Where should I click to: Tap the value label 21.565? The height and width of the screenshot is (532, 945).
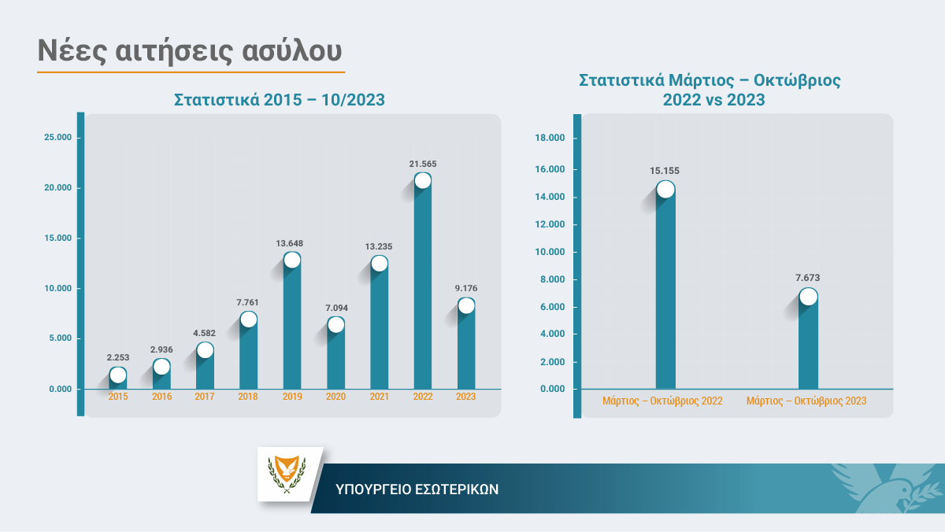(x=423, y=164)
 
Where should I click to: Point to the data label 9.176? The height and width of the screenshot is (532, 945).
(x=466, y=288)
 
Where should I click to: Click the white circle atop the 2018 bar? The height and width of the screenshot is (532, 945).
(x=249, y=320)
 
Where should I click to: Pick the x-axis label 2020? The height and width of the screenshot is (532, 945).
(x=335, y=397)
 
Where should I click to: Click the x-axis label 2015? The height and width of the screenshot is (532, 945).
(x=118, y=397)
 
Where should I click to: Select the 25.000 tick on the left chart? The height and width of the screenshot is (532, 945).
(x=57, y=138)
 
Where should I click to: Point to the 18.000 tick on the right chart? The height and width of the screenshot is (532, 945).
(x=550, y=138)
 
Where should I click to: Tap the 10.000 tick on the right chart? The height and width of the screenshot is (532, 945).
(x=550, y=252)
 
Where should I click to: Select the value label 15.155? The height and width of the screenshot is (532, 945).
(x=665, y=171)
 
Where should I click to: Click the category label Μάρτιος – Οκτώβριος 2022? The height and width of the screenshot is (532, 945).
(x=662, y=401)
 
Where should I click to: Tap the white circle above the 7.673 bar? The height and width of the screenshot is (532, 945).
(x=808, y=297)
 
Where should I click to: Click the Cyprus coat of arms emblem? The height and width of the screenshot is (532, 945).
(x=287, y=474)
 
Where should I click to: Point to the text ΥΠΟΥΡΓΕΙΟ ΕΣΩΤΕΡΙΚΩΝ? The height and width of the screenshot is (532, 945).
(x=417, y=490)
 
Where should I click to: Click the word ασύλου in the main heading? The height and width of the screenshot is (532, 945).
(x=292, y=51)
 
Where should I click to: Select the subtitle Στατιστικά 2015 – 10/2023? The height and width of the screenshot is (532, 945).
(x=280, y=100)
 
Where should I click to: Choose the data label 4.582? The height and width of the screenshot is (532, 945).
(x=204, y=333)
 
